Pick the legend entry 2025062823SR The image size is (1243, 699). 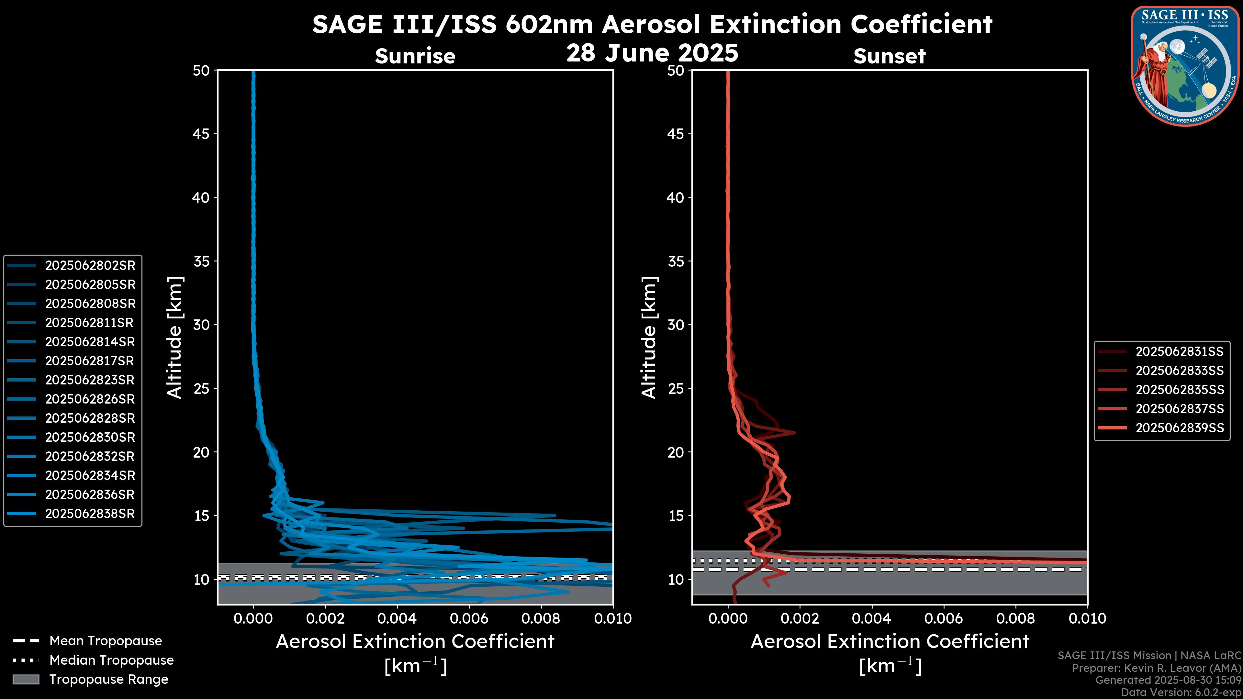pos(90,380)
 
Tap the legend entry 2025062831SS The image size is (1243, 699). pos(1179,352)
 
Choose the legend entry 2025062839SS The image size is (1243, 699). pos(1179,428)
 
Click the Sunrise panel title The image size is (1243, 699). pos(415,56)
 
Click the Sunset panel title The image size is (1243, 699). pos(889,56)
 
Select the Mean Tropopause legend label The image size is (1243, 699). pos(106,641)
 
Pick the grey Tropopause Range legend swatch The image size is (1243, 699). pos(26,679)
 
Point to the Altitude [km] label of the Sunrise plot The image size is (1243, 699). pos(174,337)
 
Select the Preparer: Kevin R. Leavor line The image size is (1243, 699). pos(1156,668)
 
